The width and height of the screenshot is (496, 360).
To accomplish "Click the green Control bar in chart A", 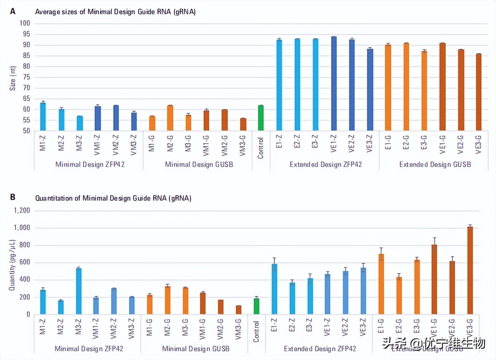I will click(x=261, y=118).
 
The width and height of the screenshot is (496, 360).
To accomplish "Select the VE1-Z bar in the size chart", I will click(x=334, y=84).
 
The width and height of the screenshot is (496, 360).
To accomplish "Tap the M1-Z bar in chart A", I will click(x=43, y=117).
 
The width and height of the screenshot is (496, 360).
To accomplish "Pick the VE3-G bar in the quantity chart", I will click(x=470, y=271).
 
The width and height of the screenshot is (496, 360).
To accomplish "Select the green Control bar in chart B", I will click(x=256, y=306).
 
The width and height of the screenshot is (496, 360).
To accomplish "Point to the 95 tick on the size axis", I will click(x=25, y=34).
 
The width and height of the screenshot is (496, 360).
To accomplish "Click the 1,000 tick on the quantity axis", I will click(x=22, y=228).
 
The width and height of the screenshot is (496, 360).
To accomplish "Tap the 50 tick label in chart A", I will click(x=26, y=131).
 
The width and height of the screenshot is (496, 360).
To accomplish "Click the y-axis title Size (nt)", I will click(x=13, y=78).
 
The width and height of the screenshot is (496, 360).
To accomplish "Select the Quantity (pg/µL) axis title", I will click(x=12, y=265).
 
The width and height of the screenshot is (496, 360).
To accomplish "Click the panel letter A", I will click(x=13, y=11).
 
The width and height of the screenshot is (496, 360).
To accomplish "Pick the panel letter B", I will click(x=13, y=197).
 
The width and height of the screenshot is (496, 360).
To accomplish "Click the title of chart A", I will click(x=115, y=12).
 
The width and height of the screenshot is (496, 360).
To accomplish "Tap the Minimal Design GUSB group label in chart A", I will click(x=199, y=165).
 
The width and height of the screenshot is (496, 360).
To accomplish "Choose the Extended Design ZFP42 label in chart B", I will click(x=320, y=349).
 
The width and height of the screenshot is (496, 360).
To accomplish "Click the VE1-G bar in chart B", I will click(x=434, y=280).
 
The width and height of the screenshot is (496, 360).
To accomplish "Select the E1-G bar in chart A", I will click(x=388, y=88).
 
